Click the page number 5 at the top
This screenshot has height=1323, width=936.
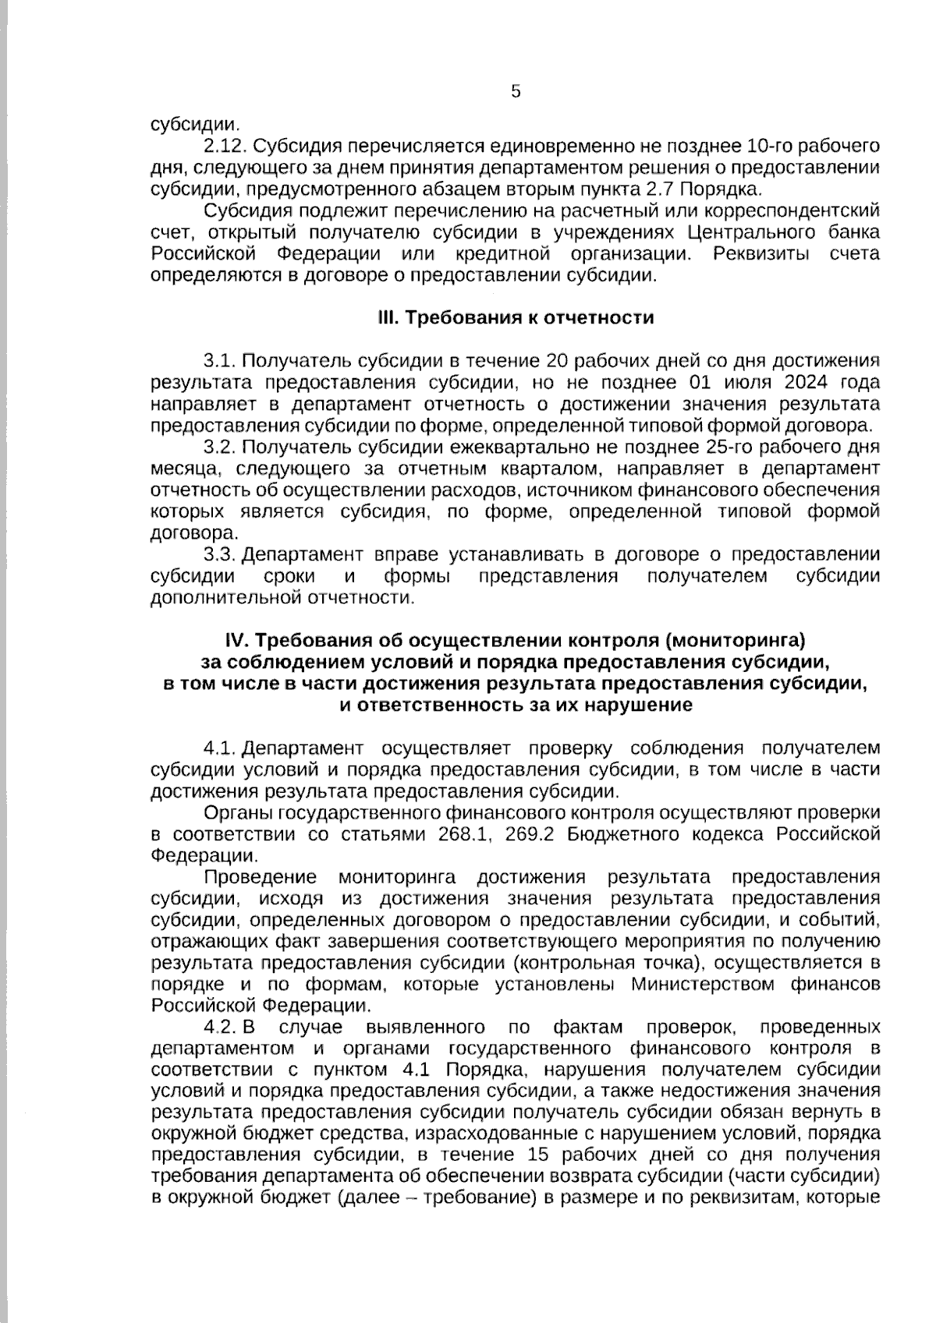click(516, 92)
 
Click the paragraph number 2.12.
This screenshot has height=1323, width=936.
click(225, 147)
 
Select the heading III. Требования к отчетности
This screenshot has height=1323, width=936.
click(516, 318)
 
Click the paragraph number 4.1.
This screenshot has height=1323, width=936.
click(219, 749)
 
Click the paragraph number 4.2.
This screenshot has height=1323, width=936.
click(219, 1027)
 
